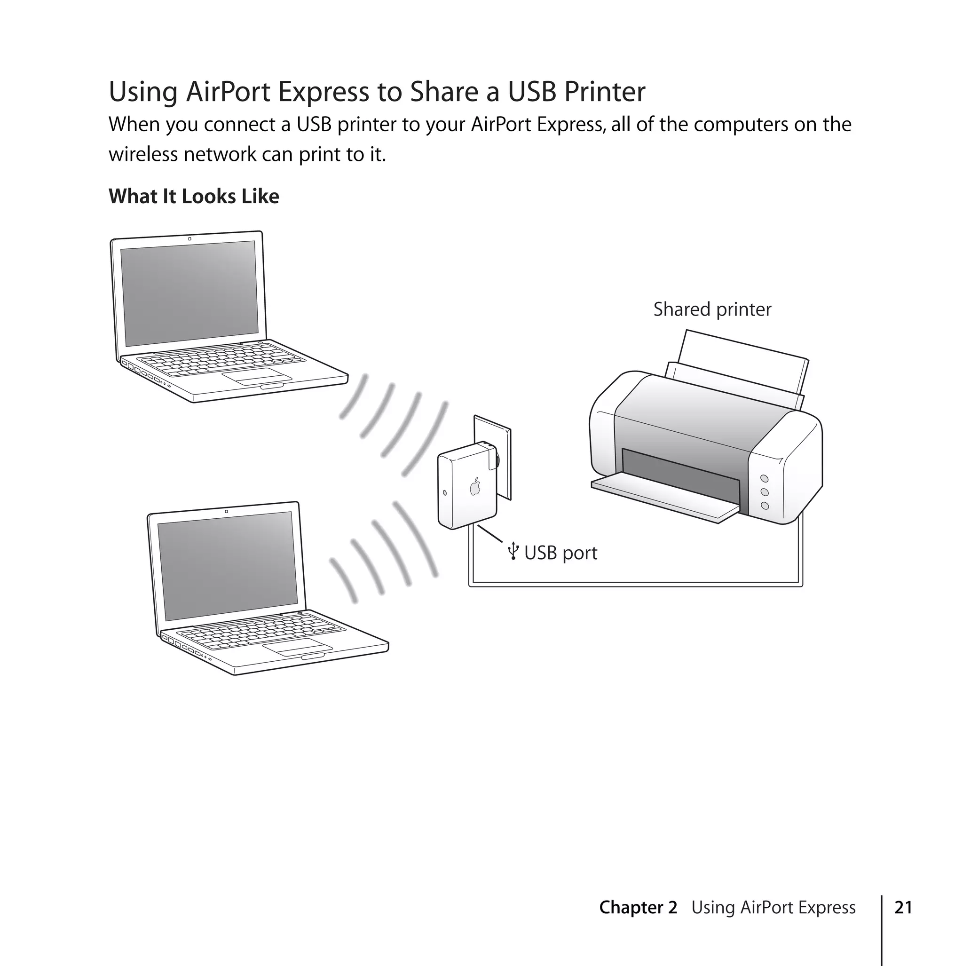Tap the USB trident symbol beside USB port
513,552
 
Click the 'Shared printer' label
712,309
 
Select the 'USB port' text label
560,553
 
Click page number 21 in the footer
903,908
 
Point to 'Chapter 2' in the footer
638,908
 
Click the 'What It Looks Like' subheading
194,197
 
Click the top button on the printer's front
764,479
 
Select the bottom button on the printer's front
765,506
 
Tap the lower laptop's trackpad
298,647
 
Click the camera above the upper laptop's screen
189,238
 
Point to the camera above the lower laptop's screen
227,511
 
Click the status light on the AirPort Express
444,492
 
